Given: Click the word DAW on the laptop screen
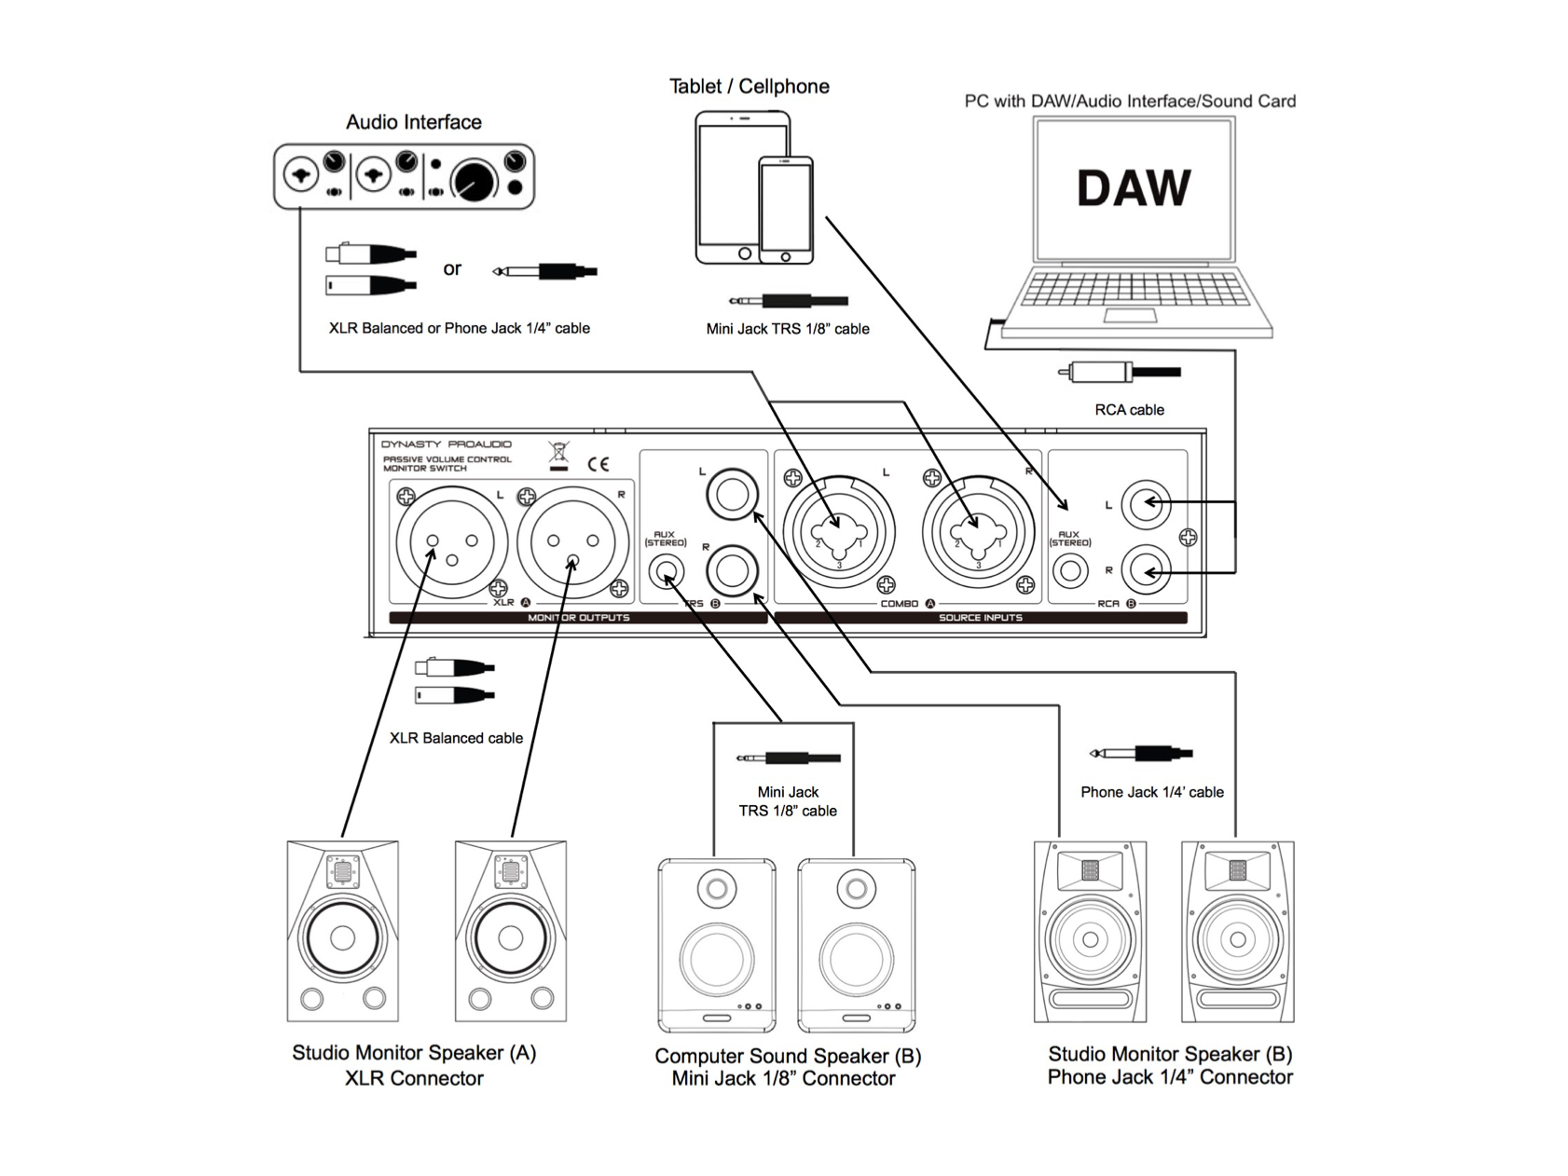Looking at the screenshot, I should [x=1133, y=188].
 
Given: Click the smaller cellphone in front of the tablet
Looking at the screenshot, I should [x=785, y=210].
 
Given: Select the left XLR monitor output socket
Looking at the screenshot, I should [x=452, y=542].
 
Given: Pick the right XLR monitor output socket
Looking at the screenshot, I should [x=571, y=542].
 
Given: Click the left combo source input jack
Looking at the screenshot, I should [x=838, y=533].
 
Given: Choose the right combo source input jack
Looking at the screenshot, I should [x=977, y=533].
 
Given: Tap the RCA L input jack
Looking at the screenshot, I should [x=1145, y=503].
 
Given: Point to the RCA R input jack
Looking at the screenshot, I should [x=1145, y=569].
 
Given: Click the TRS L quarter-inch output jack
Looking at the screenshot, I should [x=732, y=495].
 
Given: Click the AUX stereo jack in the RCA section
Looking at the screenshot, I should [x=1069, y=570].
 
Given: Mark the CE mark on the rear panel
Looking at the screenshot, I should [x=598, y=464].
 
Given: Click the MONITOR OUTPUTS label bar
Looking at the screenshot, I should [x=578, y=618].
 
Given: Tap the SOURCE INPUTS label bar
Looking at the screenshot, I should [x=980, y=618].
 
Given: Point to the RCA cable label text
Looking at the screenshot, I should [x=1129, y=410].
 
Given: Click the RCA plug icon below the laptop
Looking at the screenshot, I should [x=1119, y=373].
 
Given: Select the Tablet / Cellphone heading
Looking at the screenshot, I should [x=749, y=87].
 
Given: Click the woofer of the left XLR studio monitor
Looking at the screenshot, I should [x=342, y=937].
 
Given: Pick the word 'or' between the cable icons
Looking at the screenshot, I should [x=452, y=269].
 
